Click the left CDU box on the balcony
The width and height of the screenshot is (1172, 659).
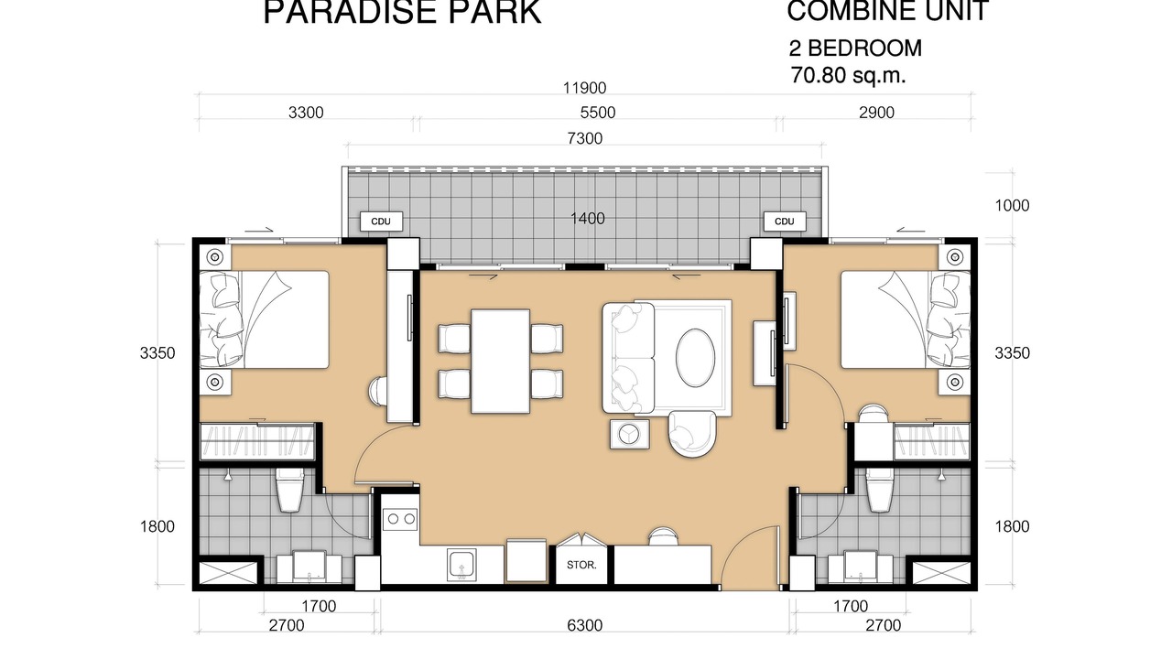point(382,221)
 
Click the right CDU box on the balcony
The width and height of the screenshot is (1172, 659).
point(785,221)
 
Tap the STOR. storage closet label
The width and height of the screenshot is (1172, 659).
point(581,566)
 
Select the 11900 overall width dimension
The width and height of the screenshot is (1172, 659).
point(584,88)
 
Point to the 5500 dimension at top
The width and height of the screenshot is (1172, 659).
point(598,113)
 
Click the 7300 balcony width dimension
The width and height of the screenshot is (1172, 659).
point(584,138)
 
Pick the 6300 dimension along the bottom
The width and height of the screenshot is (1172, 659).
point(584,625)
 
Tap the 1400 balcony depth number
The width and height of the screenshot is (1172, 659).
point(588,219)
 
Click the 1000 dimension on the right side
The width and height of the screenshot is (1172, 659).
point(1012,206)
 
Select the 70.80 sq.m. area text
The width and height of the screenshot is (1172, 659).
point(848,76)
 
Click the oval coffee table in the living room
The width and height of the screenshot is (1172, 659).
point(695,358)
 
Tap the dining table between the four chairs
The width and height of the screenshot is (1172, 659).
point(500,362)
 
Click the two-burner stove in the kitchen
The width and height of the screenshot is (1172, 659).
point(400,519)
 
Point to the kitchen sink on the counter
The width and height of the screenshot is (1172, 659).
point(462,565)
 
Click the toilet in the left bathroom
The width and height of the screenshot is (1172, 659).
point(290,490)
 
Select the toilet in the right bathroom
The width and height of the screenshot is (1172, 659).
point(880,490)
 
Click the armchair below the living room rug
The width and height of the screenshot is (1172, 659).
point(692,434)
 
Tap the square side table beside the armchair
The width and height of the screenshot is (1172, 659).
point(630,434)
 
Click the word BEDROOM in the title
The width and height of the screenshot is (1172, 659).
point(865,49)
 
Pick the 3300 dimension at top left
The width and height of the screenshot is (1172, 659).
point(306,113)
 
